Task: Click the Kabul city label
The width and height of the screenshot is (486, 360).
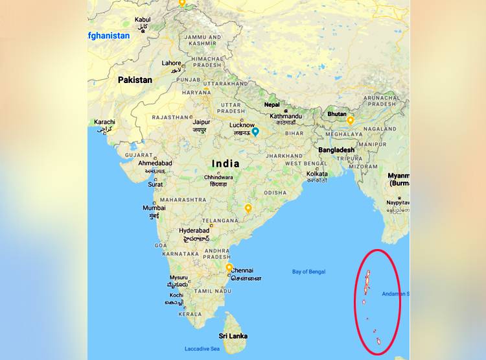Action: click(x=143, y=20)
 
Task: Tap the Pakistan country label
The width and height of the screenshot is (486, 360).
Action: click(x=135, y=80)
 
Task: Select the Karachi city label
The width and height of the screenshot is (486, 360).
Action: click(x=104, y=122)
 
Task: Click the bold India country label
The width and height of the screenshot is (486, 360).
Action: click(x=226, y=163)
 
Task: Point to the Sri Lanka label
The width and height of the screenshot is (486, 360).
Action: click(x=233, y=336)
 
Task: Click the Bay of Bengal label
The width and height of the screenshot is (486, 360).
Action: click(x=308, y=272)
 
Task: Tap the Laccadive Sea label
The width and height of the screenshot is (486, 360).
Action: click(x=202, y=349)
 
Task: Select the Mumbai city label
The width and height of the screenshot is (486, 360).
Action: click(x=154, y=208)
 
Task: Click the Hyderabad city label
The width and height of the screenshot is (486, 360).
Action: click(x=194, y=230)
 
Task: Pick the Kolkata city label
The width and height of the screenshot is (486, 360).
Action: click(x=317, y=174)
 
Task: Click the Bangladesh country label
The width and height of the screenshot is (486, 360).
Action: click(x=336, y=150)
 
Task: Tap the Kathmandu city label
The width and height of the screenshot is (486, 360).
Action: click(x=286, y=116)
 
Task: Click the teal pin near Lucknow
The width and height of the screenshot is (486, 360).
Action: click(x=255, y=132)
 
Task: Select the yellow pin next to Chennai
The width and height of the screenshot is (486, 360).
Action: click(x=229, y=267)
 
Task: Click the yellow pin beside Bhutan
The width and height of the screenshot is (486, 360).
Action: click(x=351, y=120)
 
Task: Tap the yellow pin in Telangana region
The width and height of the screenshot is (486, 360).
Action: click(x=248, y=208)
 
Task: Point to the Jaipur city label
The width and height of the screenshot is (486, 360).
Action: click(x=201, y=121)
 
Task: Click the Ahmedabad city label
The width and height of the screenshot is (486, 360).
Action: click(x=156, y=163)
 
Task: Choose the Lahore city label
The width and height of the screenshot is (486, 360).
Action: click(x=172, y=64)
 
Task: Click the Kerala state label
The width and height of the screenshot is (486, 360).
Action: click(x=191, y=314)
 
